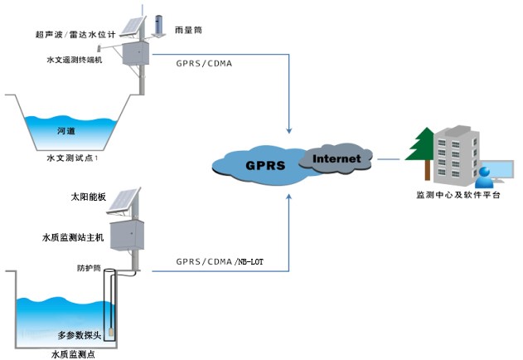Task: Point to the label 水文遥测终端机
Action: click(x=75, y=60)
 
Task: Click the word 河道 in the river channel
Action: click(x=65, y=131)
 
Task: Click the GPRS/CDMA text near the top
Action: click(x=209, y=63)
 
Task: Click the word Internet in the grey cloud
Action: click(x=337, y=158)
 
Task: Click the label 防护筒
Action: click(x=88, y=268)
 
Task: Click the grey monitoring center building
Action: click(x=454, y=153)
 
